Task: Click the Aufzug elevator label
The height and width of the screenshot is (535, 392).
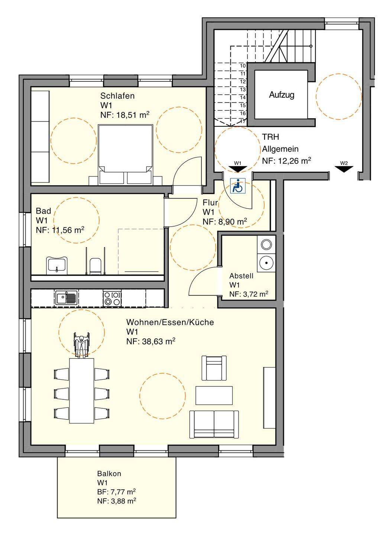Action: [x=281, y=95]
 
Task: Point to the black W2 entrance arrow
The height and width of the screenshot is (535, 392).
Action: [x=344, y=169]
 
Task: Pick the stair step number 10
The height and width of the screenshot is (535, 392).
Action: [x=243, y=66]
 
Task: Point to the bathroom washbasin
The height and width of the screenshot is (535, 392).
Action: [x=56, y=265]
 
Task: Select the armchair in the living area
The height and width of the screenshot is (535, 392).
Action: [x=214, y=368]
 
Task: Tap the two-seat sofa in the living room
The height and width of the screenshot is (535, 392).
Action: [x=214, y=424]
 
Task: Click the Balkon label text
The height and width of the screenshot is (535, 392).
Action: [x=109, y=474]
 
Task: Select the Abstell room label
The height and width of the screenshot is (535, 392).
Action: [x=241, y=276]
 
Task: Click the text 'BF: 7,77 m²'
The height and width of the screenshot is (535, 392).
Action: [x=116, y=492]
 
